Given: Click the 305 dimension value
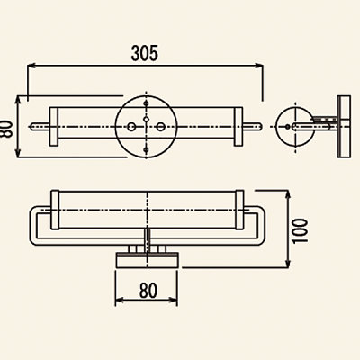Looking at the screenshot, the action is (x=144, y=53).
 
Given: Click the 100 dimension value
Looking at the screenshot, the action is (x=300, y=231).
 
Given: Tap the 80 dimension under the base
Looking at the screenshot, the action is (x=148, y=291).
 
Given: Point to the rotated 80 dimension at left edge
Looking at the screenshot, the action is (x=6, y=129).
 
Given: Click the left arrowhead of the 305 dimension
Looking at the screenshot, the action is (x=31, y=66).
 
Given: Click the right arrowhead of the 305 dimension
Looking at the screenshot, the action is (x=259, y=66).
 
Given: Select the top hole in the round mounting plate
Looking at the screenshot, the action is (x=146, y=103).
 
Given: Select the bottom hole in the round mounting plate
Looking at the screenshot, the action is (x=146, y=149).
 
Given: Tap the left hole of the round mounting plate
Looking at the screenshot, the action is (x=131, y=127).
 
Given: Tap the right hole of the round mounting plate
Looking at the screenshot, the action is (x=161, y=127).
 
